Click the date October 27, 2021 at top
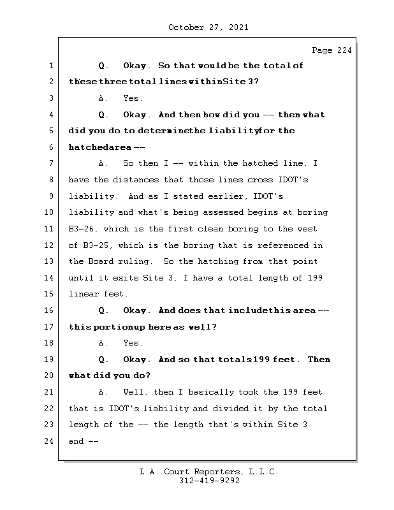tap(208, 27)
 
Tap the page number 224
tap(343, 51)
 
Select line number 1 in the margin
tap(50, 66)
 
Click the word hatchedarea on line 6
tap(96, 147)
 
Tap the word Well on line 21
tap(135, 392)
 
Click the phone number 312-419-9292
tap(209, 481)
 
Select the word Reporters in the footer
tap(214, 472)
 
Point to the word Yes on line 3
tap(132, 99)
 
